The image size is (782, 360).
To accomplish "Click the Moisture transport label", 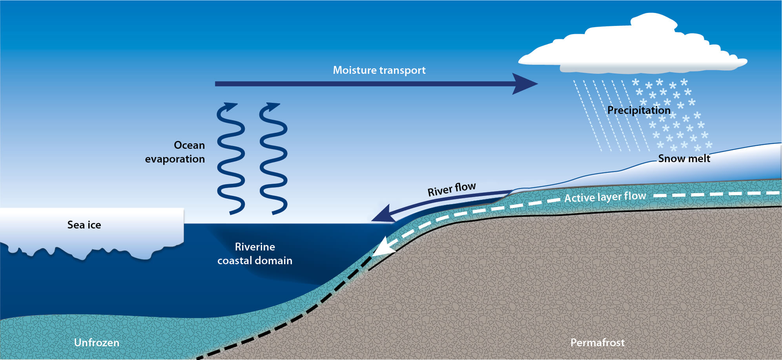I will coord(379,70).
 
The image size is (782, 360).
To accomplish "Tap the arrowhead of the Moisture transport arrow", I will coord(526,84).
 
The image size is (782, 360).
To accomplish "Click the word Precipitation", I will coord(639,110).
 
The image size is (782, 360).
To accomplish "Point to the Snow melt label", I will coord(684,159).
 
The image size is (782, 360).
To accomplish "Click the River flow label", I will coord(452,189).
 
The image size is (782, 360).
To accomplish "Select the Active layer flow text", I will coord(605,197).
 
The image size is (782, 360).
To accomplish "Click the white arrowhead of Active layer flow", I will coord(381,248).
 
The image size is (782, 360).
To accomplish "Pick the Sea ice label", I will coord(84,225).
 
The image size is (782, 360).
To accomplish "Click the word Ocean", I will coord(189,145).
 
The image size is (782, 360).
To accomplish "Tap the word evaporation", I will coord(175,159).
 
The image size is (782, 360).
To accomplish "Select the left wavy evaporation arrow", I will coord(231,159).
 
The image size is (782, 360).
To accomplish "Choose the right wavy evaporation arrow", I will coord(273,159).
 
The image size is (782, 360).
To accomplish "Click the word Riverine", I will coord(255,247).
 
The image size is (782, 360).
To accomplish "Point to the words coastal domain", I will coord(255,261).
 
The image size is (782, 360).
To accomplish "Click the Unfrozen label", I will coord(97,343).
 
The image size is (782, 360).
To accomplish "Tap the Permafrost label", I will coord(597,343).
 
